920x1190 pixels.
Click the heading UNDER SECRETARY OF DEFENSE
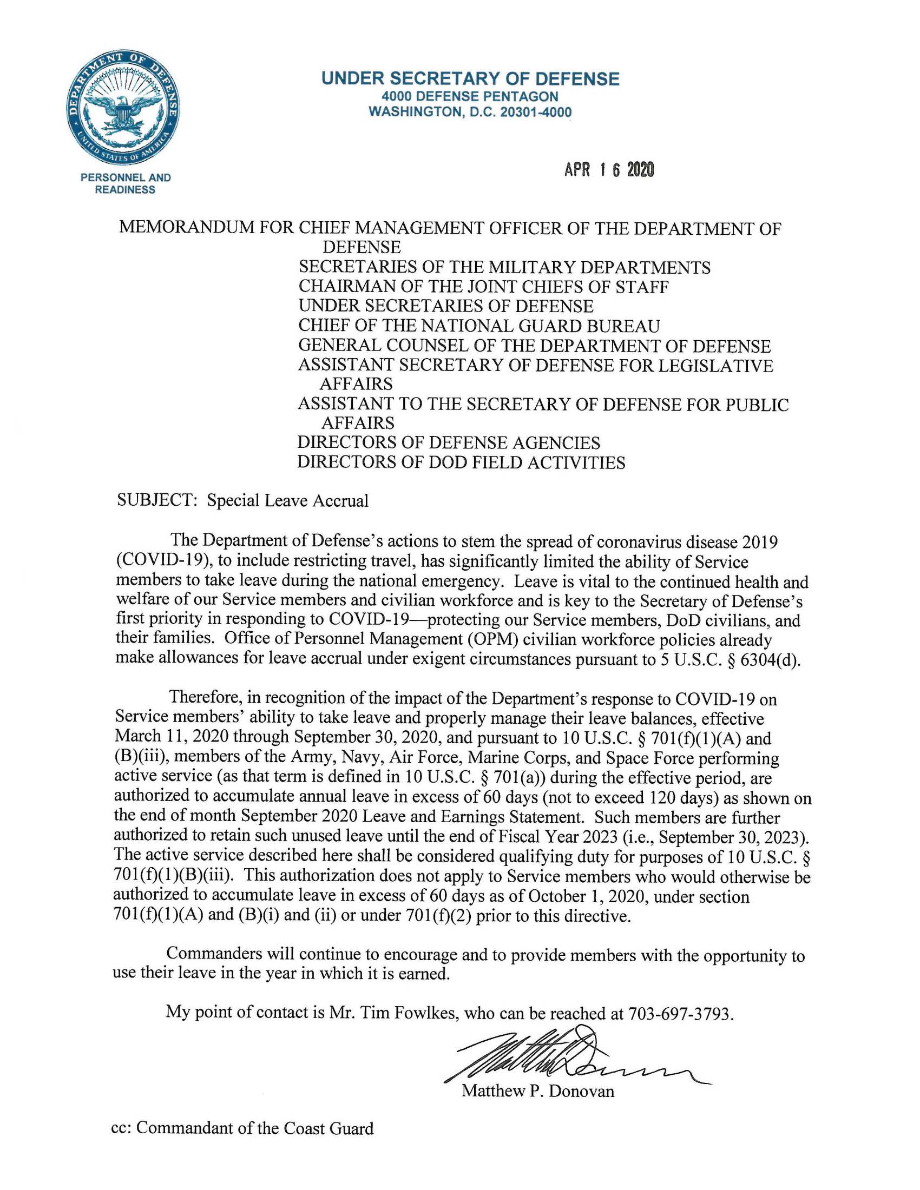(470, 79)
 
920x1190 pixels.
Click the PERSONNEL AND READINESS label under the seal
(126, 183)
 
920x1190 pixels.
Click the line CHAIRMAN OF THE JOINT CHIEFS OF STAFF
(483, 287)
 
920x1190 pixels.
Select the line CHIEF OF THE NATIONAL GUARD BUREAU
(478, 326)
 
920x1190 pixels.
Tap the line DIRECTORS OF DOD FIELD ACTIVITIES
(461, 462)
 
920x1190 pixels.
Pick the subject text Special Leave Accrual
(287, 500)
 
